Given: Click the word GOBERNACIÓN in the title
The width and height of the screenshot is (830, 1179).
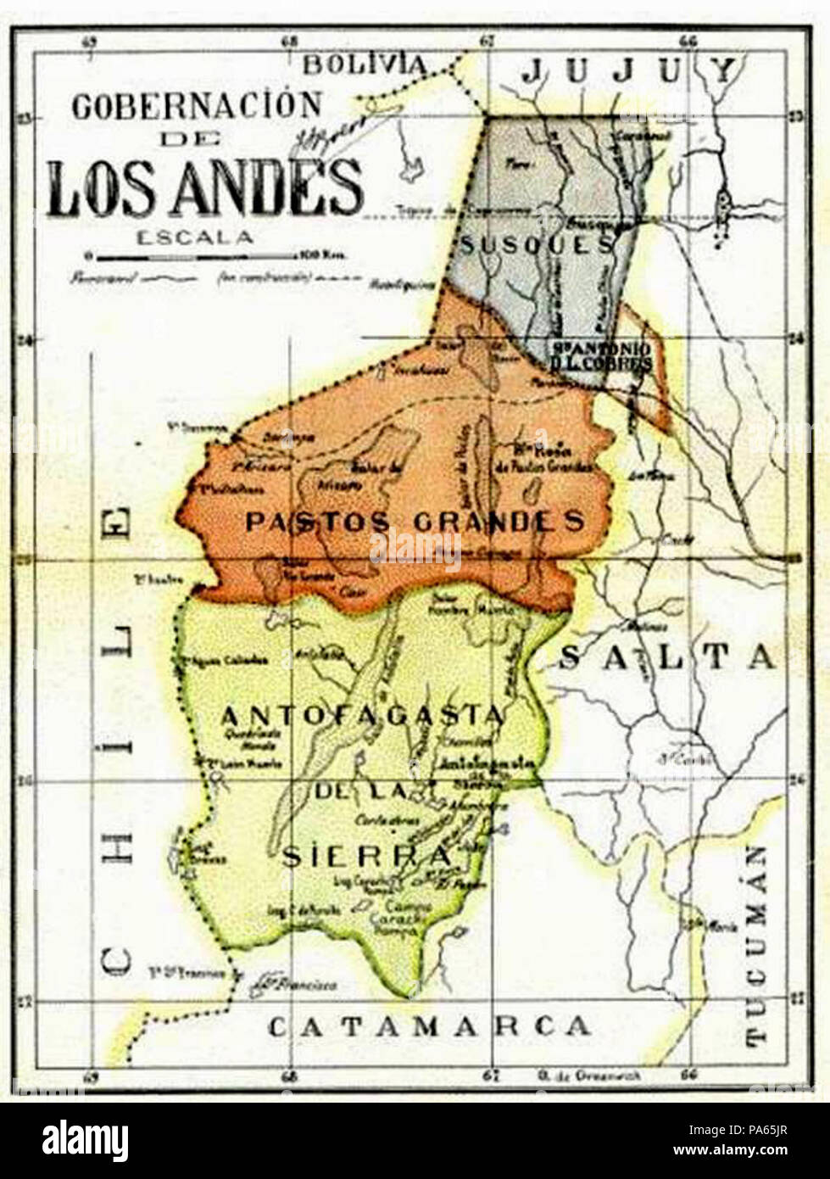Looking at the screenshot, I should coord(197,106).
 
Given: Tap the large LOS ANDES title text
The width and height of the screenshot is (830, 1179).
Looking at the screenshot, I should coord(204,187).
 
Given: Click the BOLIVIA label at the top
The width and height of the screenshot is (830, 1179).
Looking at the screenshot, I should coord(365,64).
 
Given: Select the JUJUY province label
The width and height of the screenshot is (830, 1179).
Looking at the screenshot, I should coord(629,71).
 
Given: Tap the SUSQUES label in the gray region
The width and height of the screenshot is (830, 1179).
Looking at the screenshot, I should coord(536,245).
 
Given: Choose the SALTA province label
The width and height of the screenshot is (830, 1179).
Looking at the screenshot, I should coord(668,657).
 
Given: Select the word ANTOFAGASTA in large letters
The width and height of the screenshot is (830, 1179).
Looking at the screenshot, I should coord(363,717).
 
